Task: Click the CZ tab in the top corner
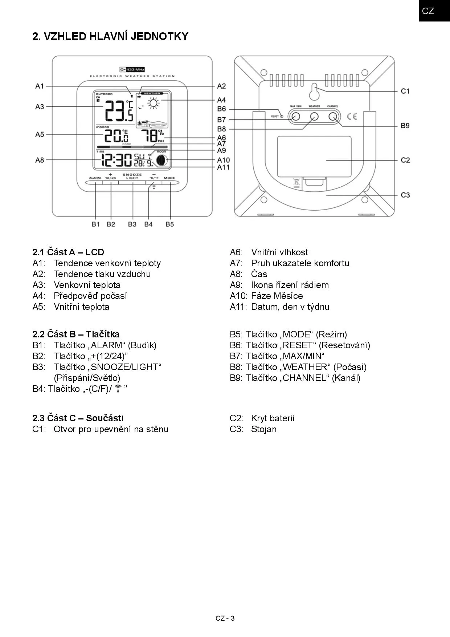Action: tap(428, 11)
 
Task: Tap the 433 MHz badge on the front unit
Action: tap(132, 69)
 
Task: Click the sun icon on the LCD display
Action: tap(154, 104)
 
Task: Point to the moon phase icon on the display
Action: tap(161, 160)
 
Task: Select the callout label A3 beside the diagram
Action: tap(40, 107)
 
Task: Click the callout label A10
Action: tap(224, 160)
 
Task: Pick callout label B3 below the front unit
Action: tap(132, 224)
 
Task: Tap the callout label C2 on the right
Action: tap(405, 160)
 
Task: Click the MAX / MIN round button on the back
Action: tap(296, 117)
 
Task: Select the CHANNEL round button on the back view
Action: tap(333, 117)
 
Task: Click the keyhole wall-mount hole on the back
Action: tap(314, 93)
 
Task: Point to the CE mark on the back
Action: tap(352, 117)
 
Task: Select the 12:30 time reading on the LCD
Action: tap(117, 160)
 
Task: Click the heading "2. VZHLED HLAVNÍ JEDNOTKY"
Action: tap(110, 36)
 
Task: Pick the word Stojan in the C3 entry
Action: tap(264, 429)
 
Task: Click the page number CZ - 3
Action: tap(225, 618)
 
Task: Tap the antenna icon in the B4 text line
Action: tap(118, 389)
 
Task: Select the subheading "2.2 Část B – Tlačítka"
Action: tap(76, 334)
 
